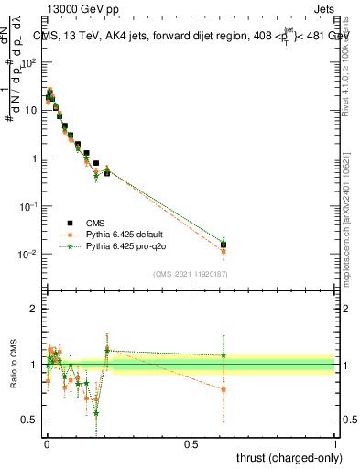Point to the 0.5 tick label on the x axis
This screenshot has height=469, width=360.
[191, 442]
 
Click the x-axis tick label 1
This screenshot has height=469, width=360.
[335, 442]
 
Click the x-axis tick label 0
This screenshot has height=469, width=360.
[47, 442]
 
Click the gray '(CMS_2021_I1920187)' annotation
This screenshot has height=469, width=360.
[190, 273]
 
